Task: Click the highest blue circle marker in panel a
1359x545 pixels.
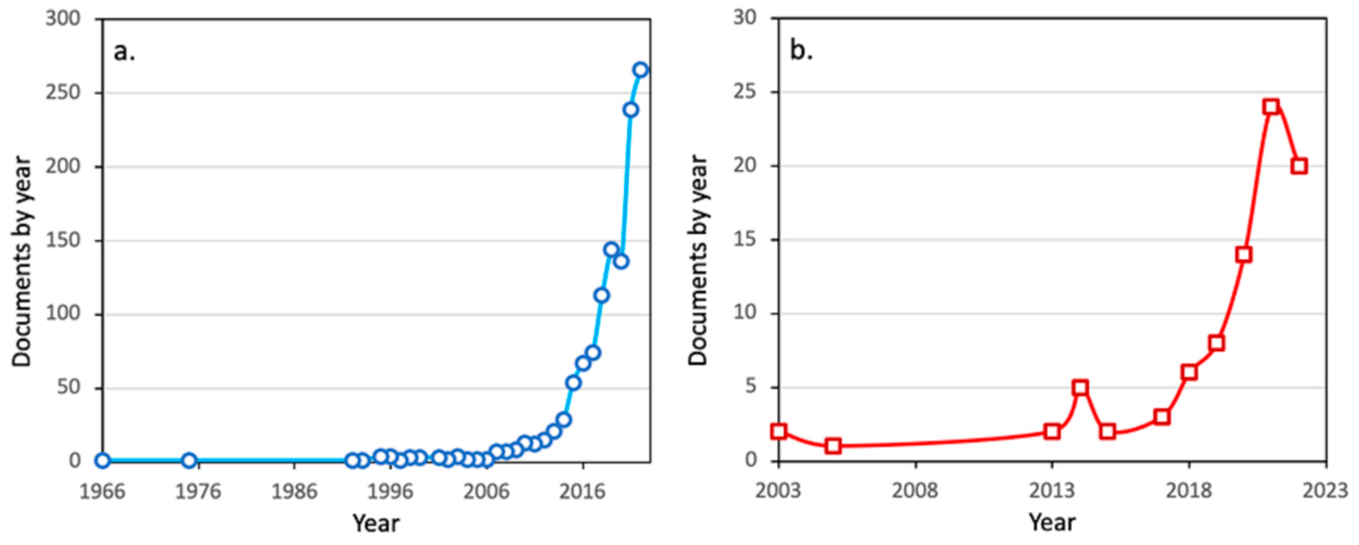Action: pyautogui.click(x=640, y=70)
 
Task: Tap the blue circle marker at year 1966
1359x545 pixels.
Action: pyautogui.click(x=103, y=461)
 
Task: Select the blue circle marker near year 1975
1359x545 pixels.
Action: pyautogui.click(x=189, y=461)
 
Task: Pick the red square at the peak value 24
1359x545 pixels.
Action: pyautogui.click(x=1271, y=106)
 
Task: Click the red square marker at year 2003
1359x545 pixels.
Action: pyautogui.click(x=779, y=431)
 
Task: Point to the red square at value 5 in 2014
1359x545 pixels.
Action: pyautogui.click(x=1080, y=387)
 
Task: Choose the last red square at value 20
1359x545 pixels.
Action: pyautogui.click(x=1299, y=166)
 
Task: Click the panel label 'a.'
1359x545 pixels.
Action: pyautogui.click(x=125, y=52)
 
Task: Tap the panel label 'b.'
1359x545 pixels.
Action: pyautogui.click(x=801, y=51)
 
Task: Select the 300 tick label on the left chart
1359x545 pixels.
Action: pyautogui.click(x=62, y=18)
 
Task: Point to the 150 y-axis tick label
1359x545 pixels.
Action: pyautogui.click(x=62, y=240)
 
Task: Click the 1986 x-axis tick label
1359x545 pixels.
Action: pyautogui.click(x=294, y=492)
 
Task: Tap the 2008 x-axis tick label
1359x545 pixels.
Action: pyautogui.click(x=915, y=491)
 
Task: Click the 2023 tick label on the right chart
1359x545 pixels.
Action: pyautogui.click(x=1325, y=491)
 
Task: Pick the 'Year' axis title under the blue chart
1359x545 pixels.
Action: pyautogui.click(x=376, y=523)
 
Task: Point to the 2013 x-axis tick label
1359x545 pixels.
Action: pyautogui.click(x=1052, y=491)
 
